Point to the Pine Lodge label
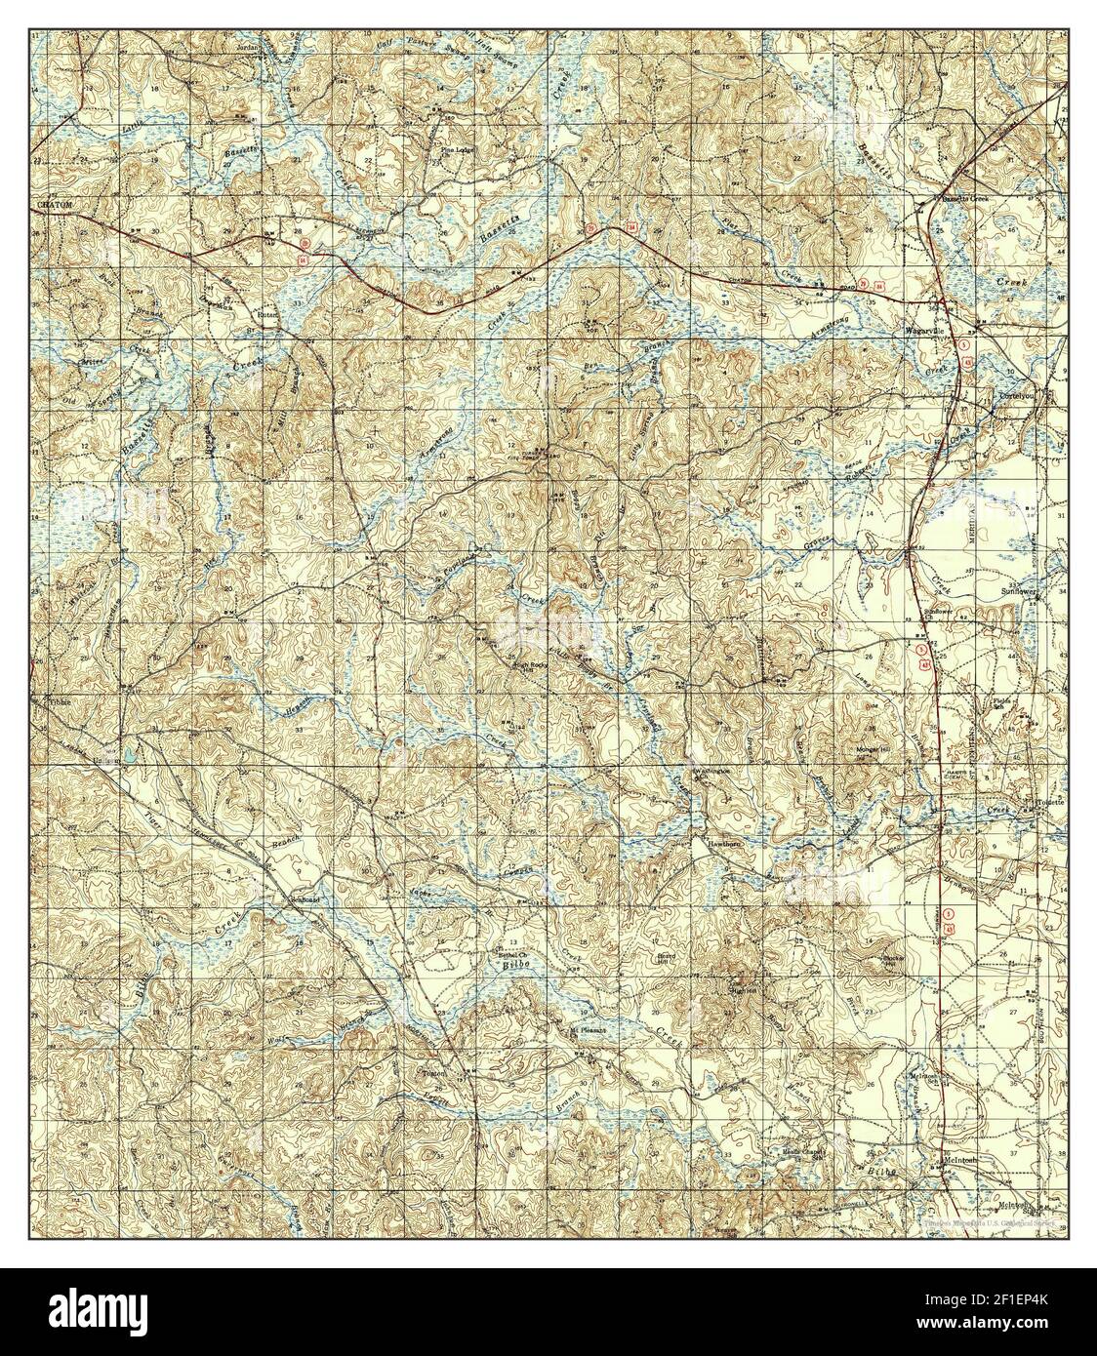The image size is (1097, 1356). (x=455, y=150)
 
